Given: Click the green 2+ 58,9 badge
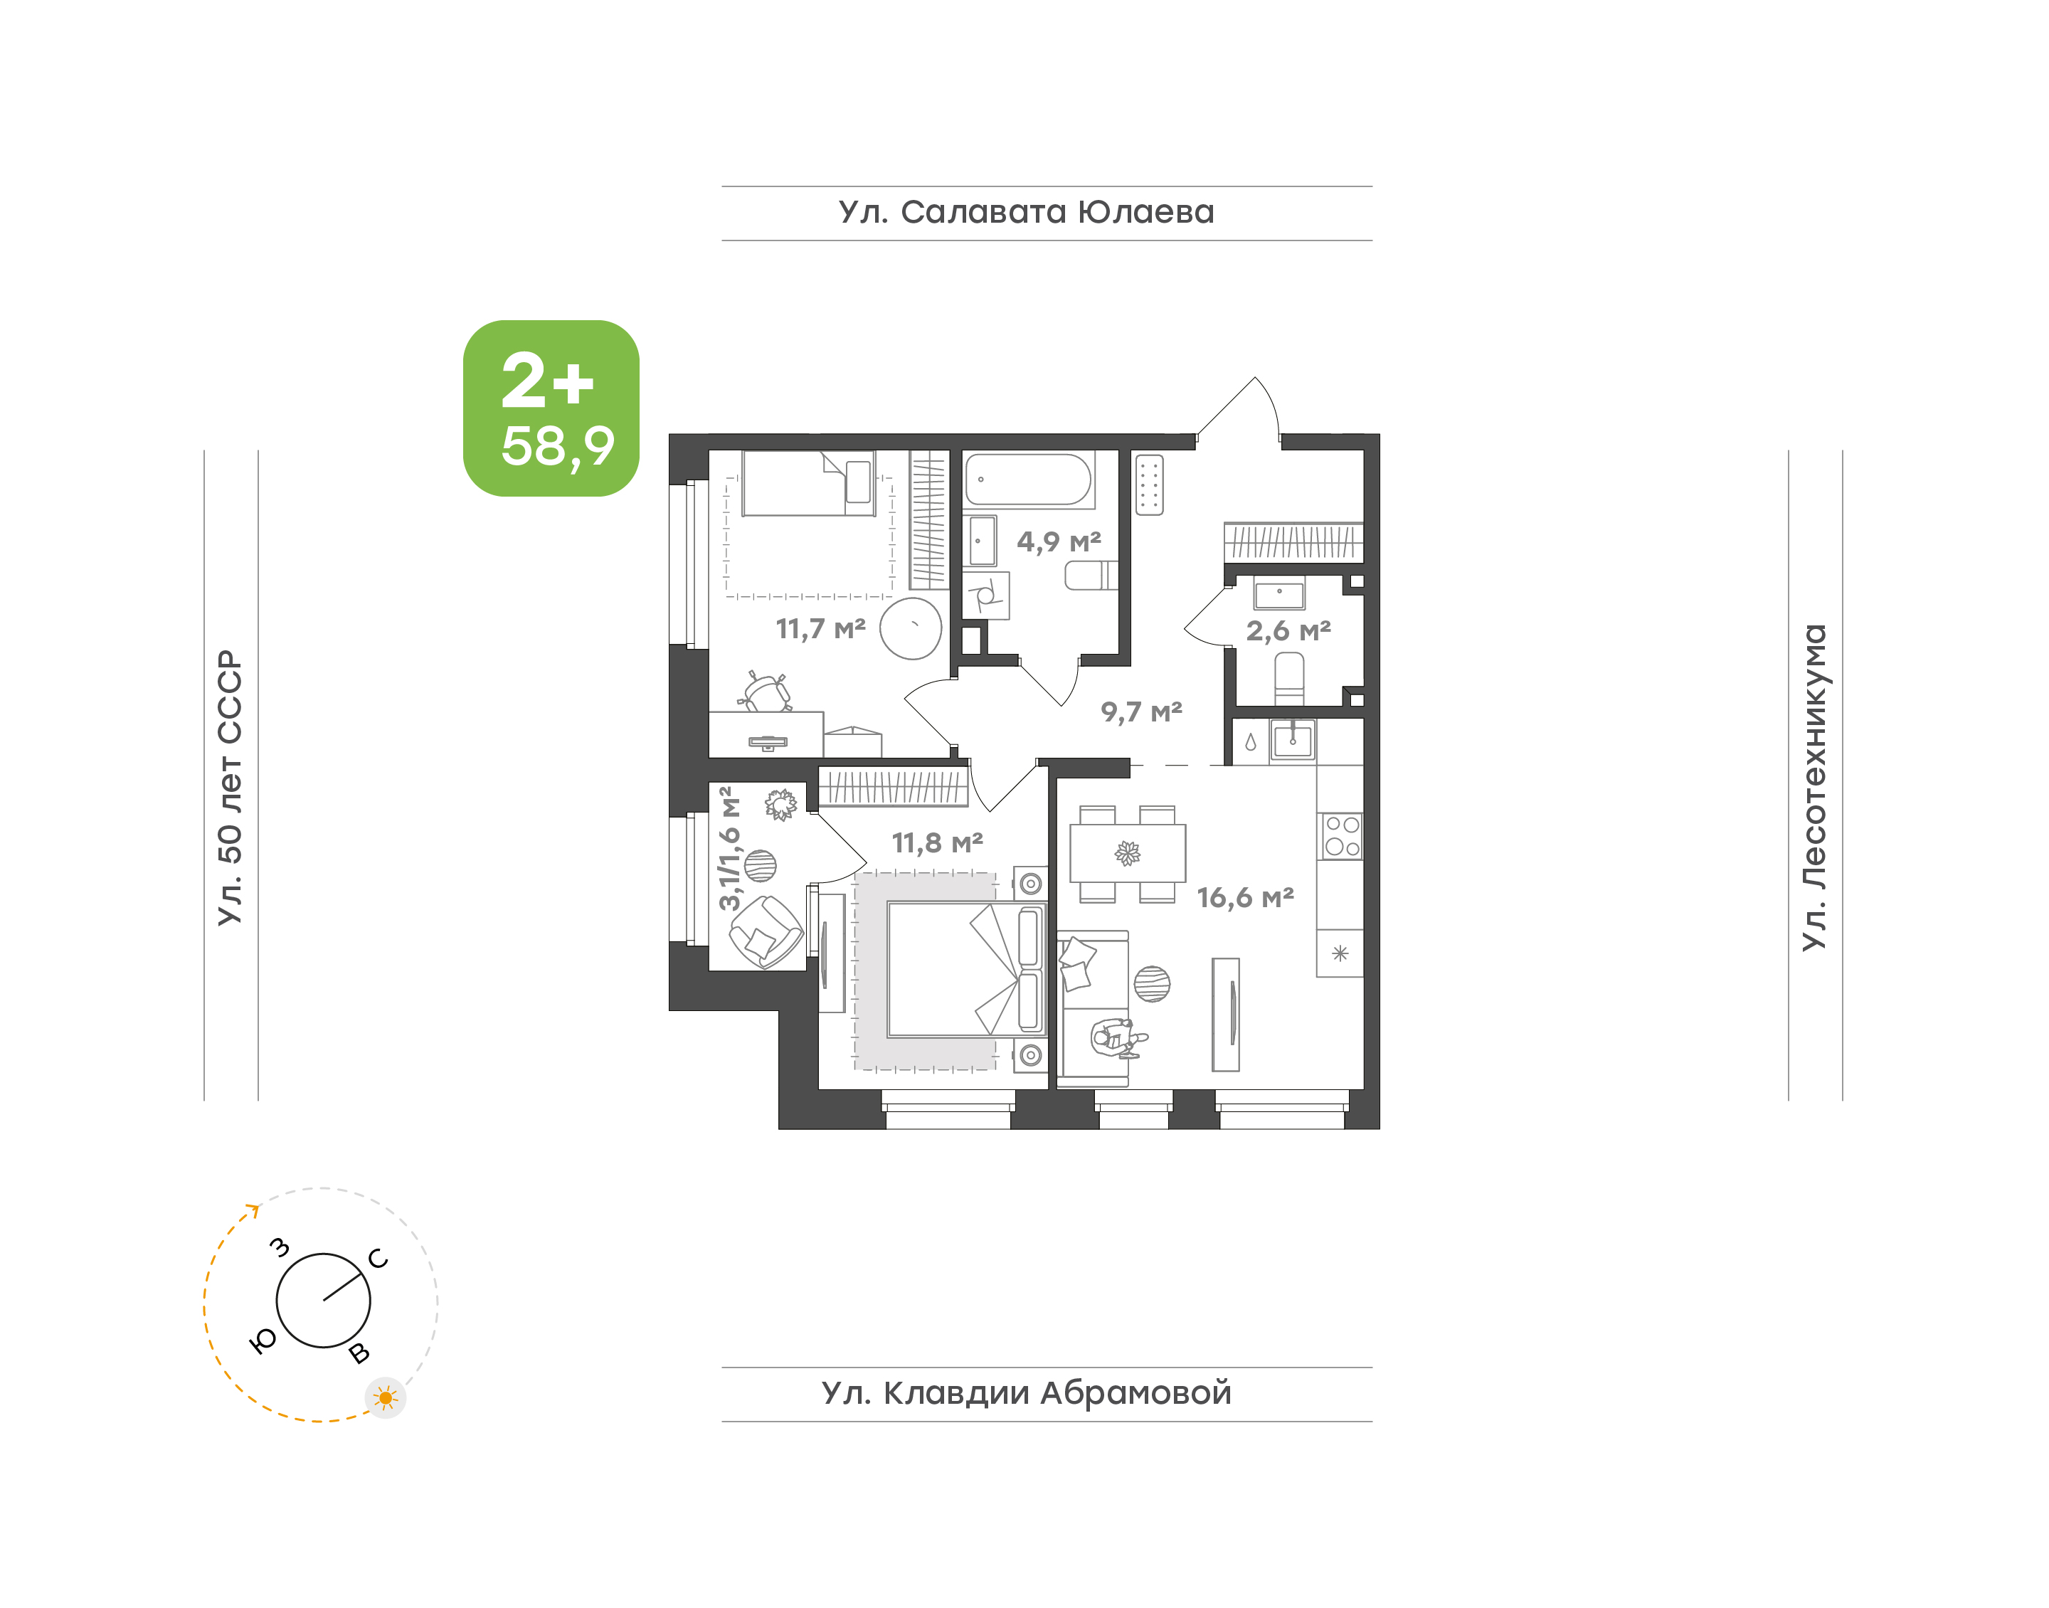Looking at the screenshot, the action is point(551,408).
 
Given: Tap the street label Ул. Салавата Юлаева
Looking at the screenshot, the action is point(1026,213).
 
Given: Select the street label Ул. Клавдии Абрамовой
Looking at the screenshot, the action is point(1026,1392).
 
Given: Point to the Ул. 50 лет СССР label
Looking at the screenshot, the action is point(231,787).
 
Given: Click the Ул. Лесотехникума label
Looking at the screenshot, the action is point(1814,787).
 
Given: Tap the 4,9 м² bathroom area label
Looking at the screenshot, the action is point(1059,541).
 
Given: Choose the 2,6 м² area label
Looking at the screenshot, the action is point(1288,631).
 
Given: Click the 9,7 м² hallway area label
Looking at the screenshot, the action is point(1142,712).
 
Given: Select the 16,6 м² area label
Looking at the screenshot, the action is point(1245,897).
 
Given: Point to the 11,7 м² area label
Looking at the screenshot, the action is point(821,628).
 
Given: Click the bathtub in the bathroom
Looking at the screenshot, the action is point(1029,480).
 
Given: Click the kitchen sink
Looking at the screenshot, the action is point(1292,740).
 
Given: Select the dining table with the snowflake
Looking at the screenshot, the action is point(1128,853).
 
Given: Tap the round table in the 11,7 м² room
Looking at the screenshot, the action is point(911,628).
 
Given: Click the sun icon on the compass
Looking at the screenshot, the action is point(385,1398).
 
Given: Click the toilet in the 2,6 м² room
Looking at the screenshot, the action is point(1288,678).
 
